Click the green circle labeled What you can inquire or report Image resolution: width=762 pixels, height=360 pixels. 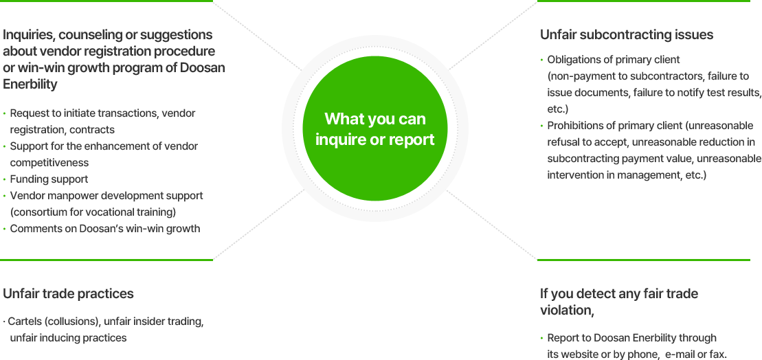(x=374, y=128)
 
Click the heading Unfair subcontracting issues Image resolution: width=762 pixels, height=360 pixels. (x=626, y=35)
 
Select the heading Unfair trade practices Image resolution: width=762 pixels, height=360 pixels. (x=68, y=294)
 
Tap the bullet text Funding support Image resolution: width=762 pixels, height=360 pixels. (x=49, y=179)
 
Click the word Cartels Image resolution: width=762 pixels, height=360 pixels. (x=25, y=322)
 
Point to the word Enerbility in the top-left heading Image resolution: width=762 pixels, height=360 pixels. (x=30, y=85)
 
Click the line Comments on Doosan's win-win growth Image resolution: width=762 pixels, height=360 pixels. (x=105, y=229)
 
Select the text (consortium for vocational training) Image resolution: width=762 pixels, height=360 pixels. (x=93, y=212)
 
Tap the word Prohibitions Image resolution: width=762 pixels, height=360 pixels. (x=579, y=126)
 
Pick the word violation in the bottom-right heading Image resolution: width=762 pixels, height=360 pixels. (x=565, y=311)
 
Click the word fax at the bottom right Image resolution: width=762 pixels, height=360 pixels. (x=717, y=355)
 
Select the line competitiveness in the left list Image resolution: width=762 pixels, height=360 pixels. (x=49, y=163)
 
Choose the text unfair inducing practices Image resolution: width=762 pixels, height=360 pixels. (x=68, y=338)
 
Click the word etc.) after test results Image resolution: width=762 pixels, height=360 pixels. (x=557, y=109)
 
